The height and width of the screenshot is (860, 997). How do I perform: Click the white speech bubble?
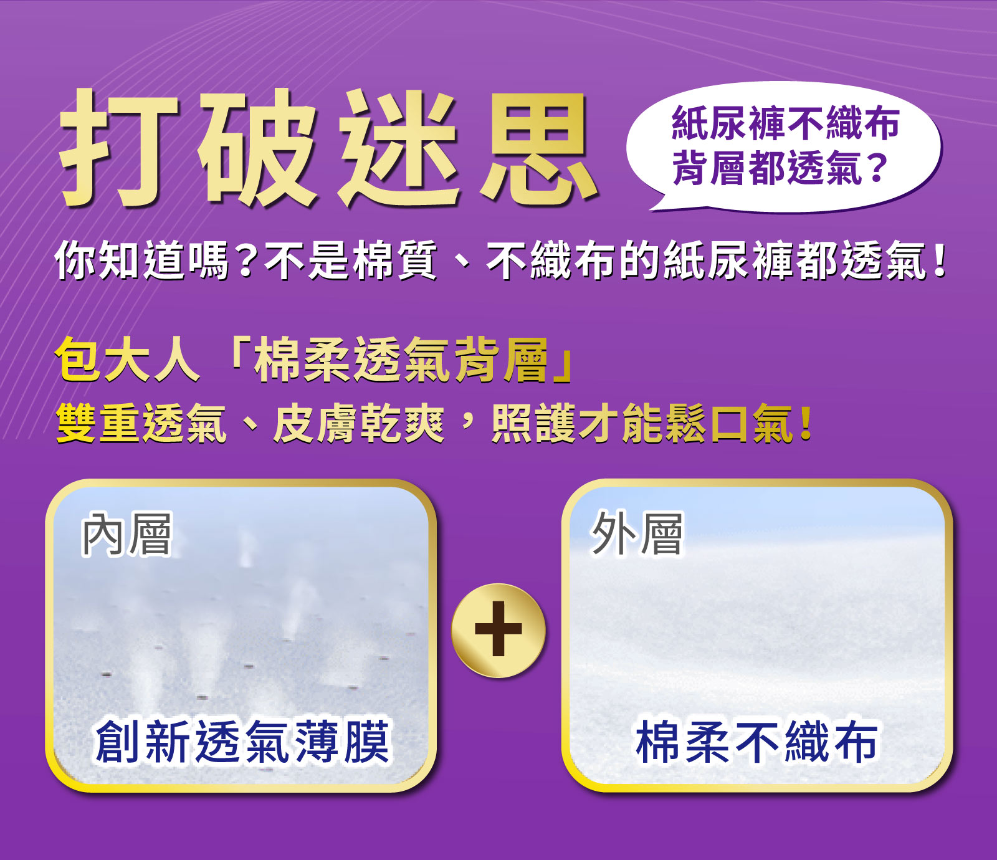click(x=784, y=147)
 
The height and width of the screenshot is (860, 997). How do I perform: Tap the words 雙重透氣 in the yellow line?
click(x=141, y=424)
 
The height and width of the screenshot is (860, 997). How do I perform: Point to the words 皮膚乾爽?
click(x=359, y=424)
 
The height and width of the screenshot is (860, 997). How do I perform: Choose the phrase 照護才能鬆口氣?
click(x=642, y=424)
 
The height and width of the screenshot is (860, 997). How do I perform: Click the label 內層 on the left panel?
click(x=126, y=535)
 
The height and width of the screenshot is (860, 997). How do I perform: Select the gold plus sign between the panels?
click(x=499, y=630)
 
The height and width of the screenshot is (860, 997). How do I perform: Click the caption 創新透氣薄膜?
click(x=243, y=742)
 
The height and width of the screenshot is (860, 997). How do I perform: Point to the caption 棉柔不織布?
click(x=756, y=742)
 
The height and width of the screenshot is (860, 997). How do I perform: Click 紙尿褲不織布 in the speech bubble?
click(x=785, y=123)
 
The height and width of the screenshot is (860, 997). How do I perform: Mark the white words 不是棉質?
click(x=351, y=260)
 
